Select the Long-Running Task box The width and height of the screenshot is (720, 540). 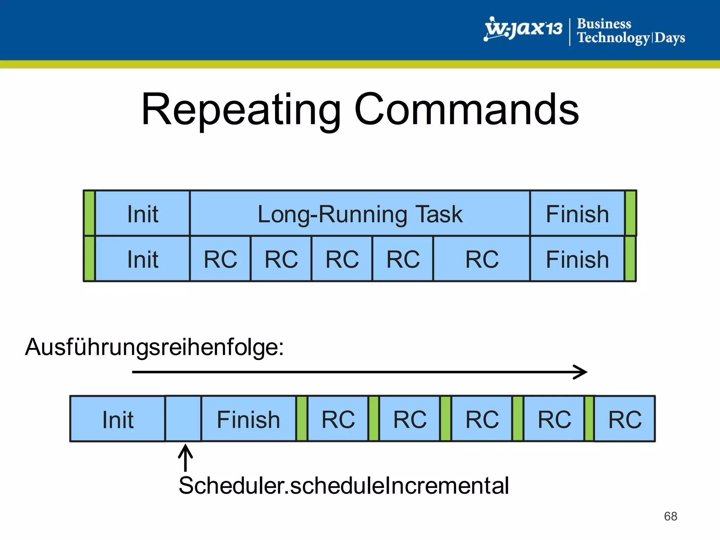360,213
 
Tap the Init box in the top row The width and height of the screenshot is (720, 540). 142,213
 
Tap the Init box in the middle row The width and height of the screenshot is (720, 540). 142,259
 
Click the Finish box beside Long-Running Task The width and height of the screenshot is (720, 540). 577,213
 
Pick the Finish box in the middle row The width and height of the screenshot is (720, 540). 577,259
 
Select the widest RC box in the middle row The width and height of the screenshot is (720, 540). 482,259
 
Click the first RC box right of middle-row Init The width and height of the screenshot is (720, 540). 220,259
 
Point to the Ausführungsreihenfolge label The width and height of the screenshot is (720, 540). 154,347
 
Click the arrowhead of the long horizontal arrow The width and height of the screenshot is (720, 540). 582,372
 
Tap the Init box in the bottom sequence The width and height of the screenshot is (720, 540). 118,419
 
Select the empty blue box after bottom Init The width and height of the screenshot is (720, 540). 183,419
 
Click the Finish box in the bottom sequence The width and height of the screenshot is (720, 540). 248,419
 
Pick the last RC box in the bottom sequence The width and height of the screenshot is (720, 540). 625,419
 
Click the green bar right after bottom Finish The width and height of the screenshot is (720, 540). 302,419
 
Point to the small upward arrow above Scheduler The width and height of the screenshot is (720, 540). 185,457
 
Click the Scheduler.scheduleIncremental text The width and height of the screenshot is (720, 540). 343,486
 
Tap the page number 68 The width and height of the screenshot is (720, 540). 670,516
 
